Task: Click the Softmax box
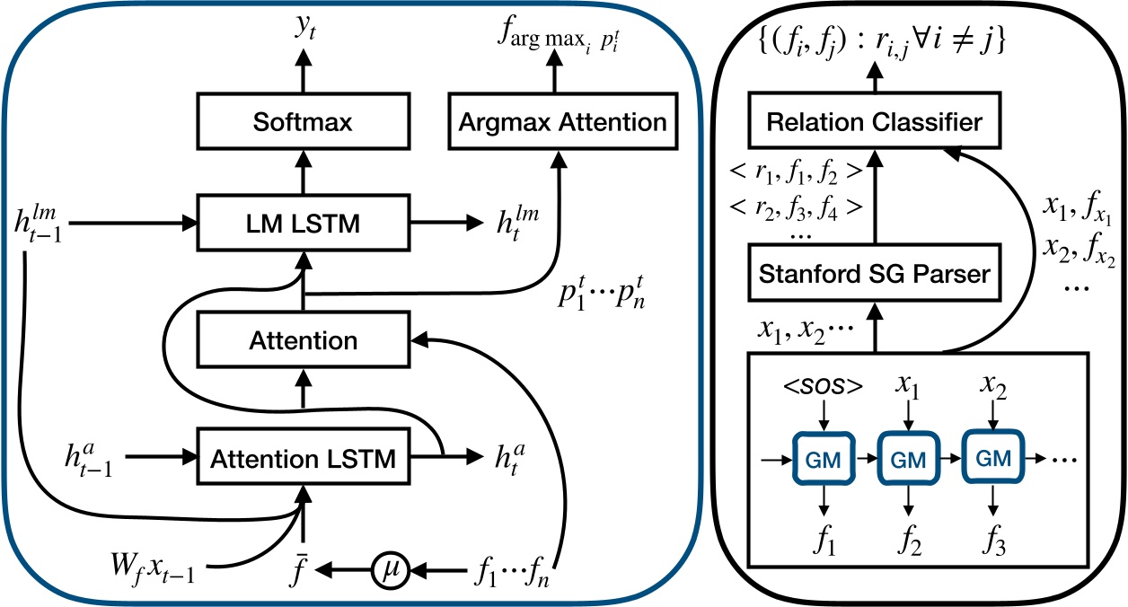pos(303,121)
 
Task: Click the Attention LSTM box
pos(303,458)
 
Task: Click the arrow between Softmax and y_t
pos(303,71)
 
